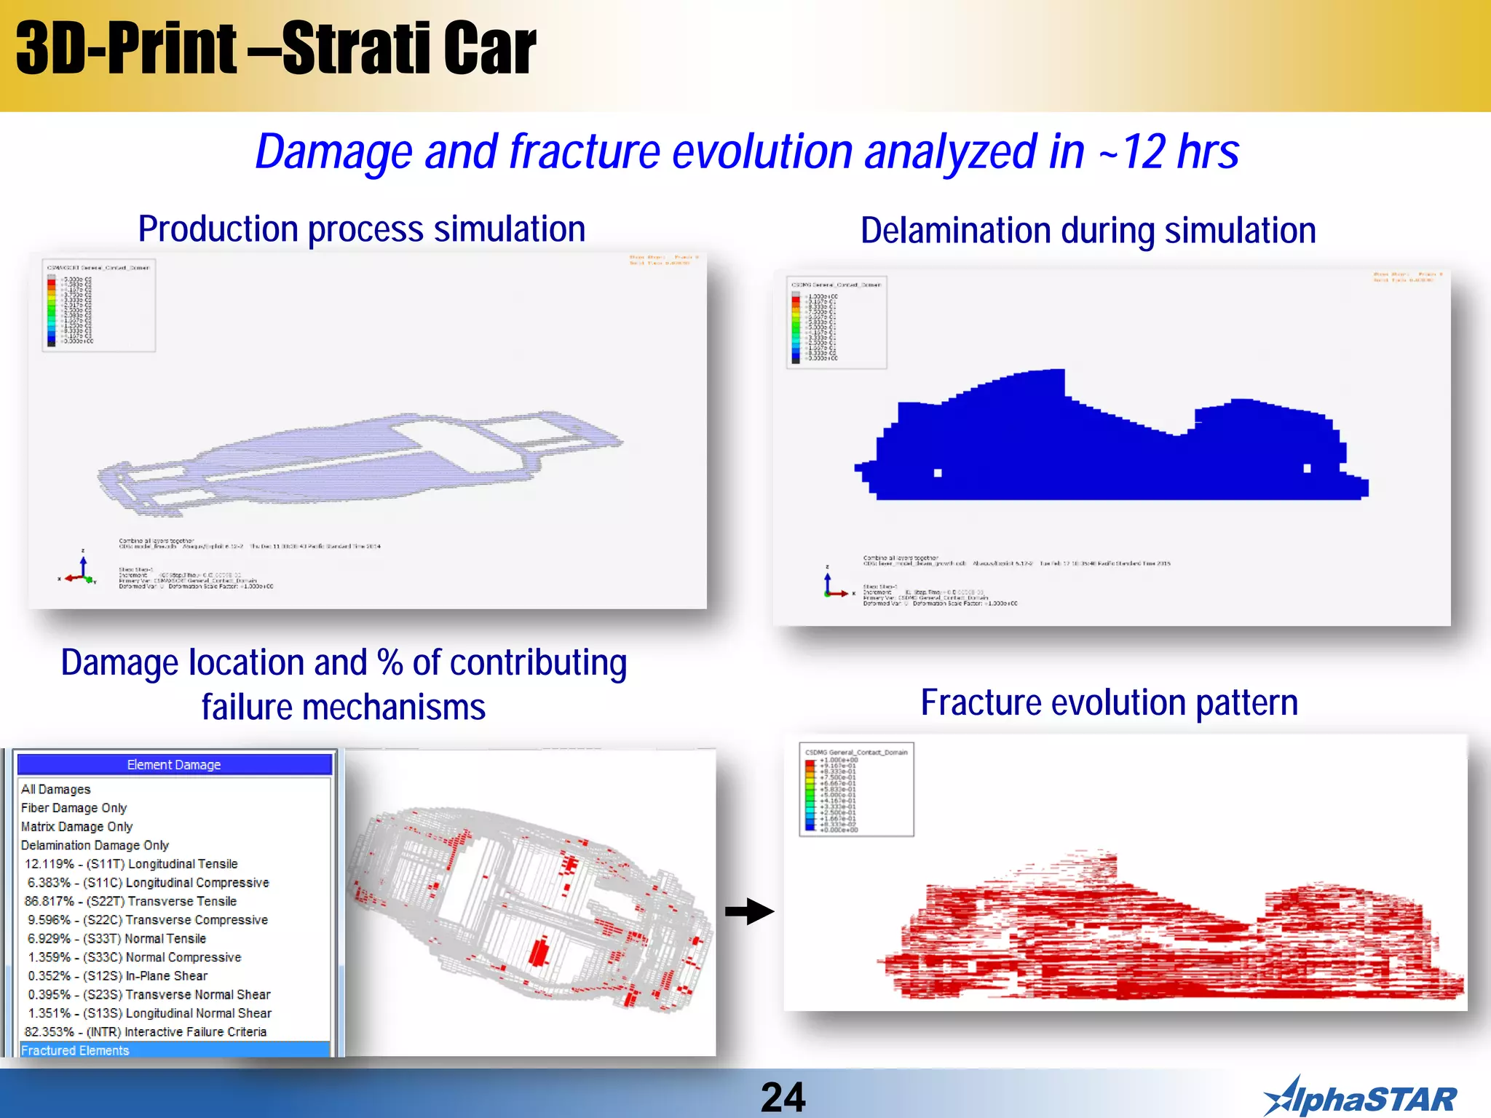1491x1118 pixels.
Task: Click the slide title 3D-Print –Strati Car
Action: (275, 49)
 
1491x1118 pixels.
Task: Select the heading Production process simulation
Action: (362, 229)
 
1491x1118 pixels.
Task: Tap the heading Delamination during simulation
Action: (1088, 231)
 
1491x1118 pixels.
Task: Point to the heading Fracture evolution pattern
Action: (1109, 703)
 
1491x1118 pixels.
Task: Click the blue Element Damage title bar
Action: (174, 764)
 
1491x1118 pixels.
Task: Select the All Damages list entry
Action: (56, 789)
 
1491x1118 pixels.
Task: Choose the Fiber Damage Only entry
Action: (74, 808)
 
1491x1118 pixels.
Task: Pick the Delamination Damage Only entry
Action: (95, 845)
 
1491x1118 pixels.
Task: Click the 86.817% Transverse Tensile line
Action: (130, 901)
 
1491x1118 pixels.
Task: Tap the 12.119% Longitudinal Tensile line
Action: (131, 864)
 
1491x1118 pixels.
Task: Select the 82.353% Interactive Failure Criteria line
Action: (146, 1032)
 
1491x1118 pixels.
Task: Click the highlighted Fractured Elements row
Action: (75, 1050)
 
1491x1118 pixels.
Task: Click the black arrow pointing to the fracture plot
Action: (749, 911)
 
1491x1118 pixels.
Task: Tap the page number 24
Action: (783, 1097)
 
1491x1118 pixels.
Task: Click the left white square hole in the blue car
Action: (938, 473)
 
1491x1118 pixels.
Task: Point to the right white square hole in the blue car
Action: (1307, 469)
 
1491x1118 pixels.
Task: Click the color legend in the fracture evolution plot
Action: (856, 790)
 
